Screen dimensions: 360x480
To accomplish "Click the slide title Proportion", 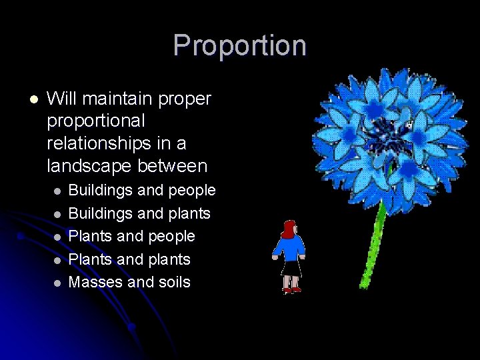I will coord(239,45).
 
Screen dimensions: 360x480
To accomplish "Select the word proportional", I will coord(95,121).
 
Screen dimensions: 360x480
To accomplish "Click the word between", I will coord(182,165).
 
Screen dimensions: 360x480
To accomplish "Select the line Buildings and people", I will coord(142,190).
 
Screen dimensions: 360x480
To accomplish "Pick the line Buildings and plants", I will coord(139,213).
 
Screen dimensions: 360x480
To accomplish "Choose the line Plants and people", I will coord(132,236).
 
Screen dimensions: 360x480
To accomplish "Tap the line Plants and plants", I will coord(129,259).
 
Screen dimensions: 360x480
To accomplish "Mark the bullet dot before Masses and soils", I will coord(57,283).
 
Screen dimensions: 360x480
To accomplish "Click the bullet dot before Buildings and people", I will coord(57,191).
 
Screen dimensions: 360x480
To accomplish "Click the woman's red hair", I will coord(287,229).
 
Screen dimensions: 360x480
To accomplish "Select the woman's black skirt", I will coord(291,268).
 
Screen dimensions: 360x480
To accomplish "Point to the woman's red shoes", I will coord(291,290).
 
